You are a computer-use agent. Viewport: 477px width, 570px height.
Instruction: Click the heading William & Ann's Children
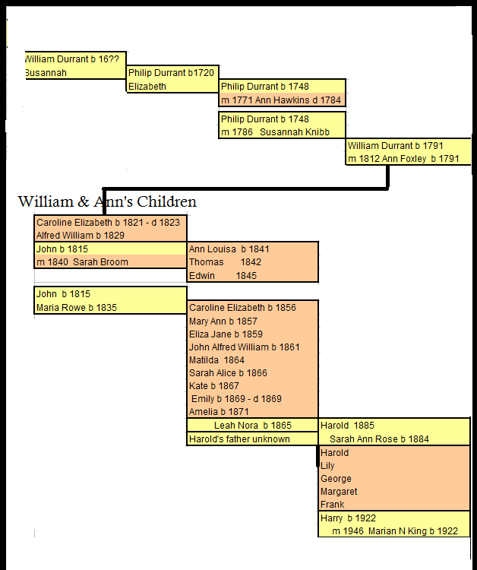coord(107,201)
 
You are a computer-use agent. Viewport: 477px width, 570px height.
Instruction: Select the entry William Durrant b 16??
coord(73,59)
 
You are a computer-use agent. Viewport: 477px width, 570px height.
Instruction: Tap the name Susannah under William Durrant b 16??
coord(46,73)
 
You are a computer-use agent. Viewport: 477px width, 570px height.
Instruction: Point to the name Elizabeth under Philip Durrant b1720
coord(147,87)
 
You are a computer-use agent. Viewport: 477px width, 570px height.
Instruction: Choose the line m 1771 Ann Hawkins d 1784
coord(281,100)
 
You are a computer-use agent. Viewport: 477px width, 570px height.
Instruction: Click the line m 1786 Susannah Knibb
coord(275,132)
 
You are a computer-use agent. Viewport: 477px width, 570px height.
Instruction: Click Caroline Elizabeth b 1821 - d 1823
coord(109,223)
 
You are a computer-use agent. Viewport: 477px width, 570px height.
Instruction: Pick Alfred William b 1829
coord(81,236)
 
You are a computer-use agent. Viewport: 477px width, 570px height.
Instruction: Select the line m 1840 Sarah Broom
coord(83,262)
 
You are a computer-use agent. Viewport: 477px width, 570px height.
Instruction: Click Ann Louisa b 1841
coord(229,249)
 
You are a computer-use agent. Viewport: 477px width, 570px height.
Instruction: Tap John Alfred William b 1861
coord(244,347)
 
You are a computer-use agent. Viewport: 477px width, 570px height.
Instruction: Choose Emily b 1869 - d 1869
coord(236,399)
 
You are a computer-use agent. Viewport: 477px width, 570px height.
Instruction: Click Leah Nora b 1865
coord(252,426)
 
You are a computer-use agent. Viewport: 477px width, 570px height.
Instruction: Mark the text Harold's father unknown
coord(239,439)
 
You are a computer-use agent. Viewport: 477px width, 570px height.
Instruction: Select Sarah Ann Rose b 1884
coord(379,439)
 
